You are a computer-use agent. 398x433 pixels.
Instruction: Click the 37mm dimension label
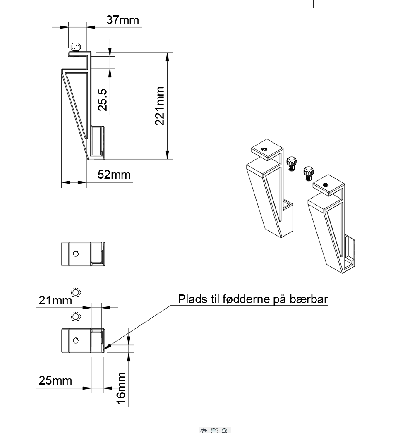click(x=122, y=20)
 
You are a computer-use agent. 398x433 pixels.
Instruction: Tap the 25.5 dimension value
click(x=103, y=100)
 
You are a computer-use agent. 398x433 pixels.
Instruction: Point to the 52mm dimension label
click(x=114, y=175)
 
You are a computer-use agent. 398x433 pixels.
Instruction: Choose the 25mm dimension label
click(x=55, y=380)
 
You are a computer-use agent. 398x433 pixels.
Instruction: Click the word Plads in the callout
click(x=192, y=299)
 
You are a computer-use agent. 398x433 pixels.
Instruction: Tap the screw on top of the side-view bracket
click(x=75, y=47)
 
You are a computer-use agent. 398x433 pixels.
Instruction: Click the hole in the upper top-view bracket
click(x=75, y=254)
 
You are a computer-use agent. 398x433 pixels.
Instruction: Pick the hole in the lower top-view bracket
click(x=75, y=340)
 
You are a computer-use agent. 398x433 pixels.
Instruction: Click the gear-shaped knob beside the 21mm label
click(x=76, y=292)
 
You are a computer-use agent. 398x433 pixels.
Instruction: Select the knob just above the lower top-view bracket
click(x=76, y=317)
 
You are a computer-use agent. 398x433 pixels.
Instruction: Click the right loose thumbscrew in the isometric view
click(x=308, y=172)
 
